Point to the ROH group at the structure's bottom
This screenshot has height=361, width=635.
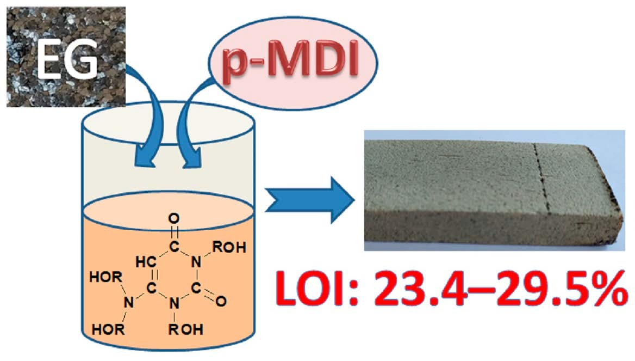187,329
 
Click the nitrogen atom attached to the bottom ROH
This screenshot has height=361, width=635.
173,305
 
